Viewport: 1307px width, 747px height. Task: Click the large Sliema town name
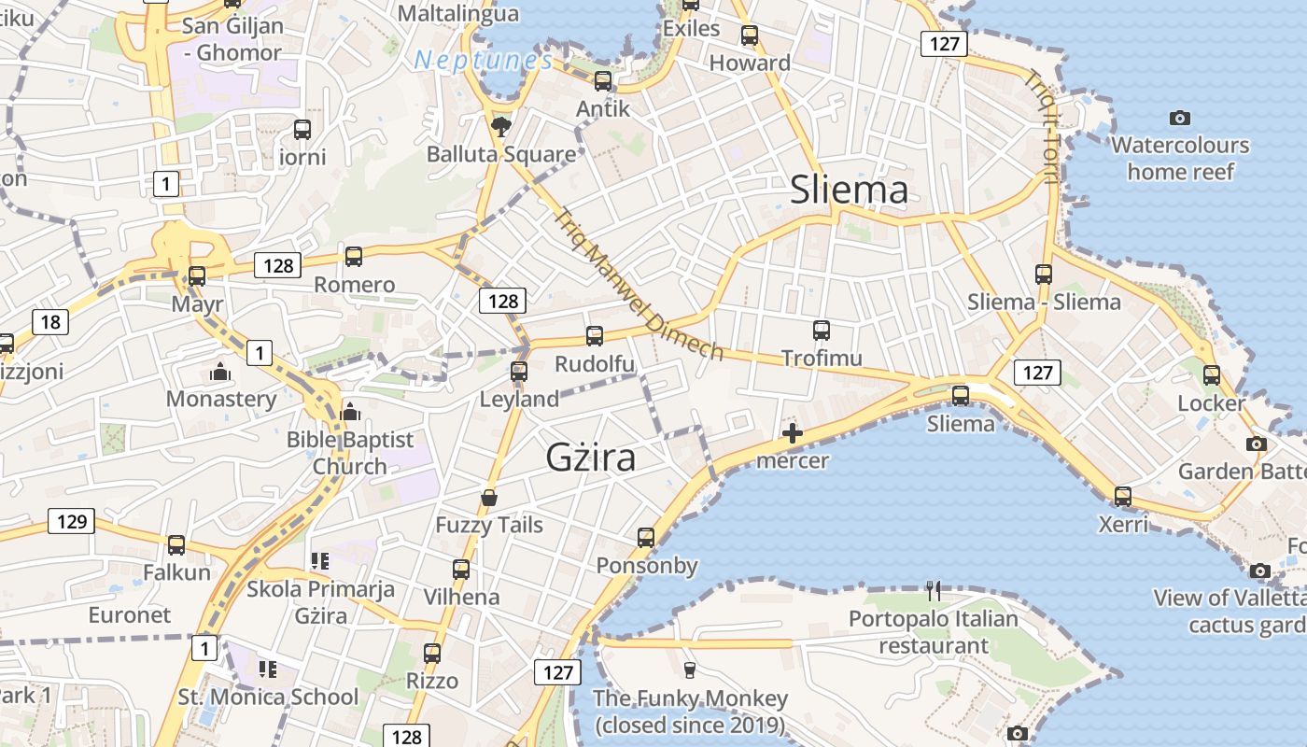coord(849,190)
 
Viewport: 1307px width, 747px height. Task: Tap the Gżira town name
coord(591,458)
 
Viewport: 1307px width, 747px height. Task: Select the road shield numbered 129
coord(71,521)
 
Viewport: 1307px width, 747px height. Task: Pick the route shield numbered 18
coord(50,323)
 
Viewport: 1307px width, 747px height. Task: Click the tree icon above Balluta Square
coord(501,126)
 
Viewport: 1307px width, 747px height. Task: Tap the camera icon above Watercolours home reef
coord(1180,118)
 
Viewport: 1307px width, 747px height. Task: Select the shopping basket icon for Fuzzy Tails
coord(488,499)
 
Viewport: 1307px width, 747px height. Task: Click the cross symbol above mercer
coord(792,433)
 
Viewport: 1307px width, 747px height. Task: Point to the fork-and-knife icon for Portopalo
coord(933,590)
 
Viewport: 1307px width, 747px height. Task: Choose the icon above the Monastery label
coord(220,373)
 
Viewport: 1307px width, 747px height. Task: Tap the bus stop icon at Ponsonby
coord(646,538)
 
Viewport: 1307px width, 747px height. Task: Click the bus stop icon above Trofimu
coord(822,331)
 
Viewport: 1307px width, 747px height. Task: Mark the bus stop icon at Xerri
coord(1123,497)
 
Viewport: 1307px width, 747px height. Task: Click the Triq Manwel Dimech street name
coord(639,284)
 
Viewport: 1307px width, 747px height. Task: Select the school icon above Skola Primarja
coord(320,561)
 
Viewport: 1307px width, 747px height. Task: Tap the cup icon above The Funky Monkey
coord(690,669)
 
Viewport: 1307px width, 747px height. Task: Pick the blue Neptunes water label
coord(484,62)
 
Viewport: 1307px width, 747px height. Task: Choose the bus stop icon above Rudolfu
coord(595,336)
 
